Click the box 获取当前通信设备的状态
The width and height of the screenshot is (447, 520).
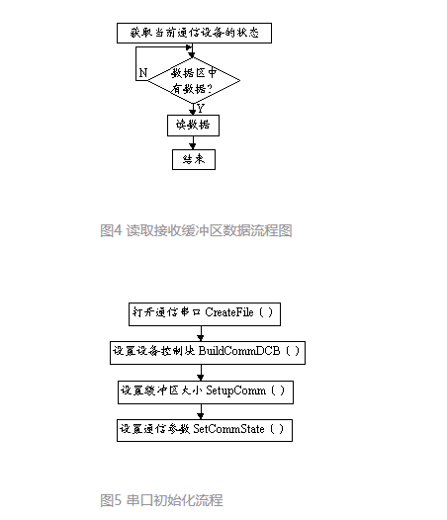tap(193, 33)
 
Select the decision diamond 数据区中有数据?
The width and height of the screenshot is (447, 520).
tap(193, 82)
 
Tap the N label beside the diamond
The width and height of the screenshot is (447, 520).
tap(143, 73)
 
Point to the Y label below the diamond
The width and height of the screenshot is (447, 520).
tap(201, 107)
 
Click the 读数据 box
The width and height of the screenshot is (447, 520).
tap(193, 126)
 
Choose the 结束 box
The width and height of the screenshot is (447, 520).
tap(193, 158)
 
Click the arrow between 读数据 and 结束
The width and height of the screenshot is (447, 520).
tap(193, 141)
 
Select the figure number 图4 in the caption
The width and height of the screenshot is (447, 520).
tap(110, 230)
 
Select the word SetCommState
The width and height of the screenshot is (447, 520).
tap(229, 429)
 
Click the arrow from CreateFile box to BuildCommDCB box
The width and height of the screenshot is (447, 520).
tap(202, 331)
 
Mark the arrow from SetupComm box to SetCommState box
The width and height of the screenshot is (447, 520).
tap(202, 410)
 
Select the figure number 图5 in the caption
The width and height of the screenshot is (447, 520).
tap(110, 499)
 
